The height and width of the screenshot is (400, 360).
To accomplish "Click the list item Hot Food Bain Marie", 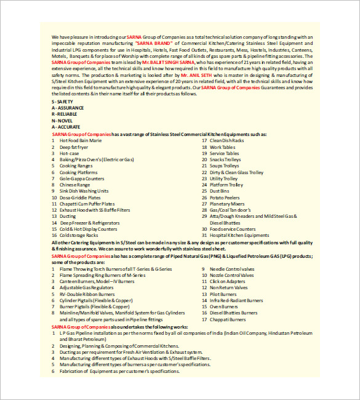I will click(x=80, y=140).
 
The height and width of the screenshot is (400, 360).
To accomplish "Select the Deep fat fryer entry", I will click(x=74, y=147).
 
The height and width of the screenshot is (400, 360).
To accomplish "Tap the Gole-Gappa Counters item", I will click(x=82, y=178).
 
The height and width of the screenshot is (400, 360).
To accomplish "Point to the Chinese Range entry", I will click(x=74, y=185).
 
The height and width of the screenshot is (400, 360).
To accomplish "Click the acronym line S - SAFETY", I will click(x=62, y=101).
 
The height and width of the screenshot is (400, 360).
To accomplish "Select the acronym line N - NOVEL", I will click(x=62, y=120).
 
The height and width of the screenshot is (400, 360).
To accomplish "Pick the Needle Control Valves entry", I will click(x=232, y=269).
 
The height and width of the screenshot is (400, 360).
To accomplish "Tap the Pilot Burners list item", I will click(x=224, y=294).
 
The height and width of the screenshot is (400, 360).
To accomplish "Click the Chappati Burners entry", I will click(x=228, y=319).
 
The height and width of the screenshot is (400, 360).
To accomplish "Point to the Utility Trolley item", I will click(x=223, y=178).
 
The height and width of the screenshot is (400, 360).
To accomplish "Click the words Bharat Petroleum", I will click(x=78, y=339).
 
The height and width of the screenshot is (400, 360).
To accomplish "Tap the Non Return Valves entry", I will click(x=228, y=288).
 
